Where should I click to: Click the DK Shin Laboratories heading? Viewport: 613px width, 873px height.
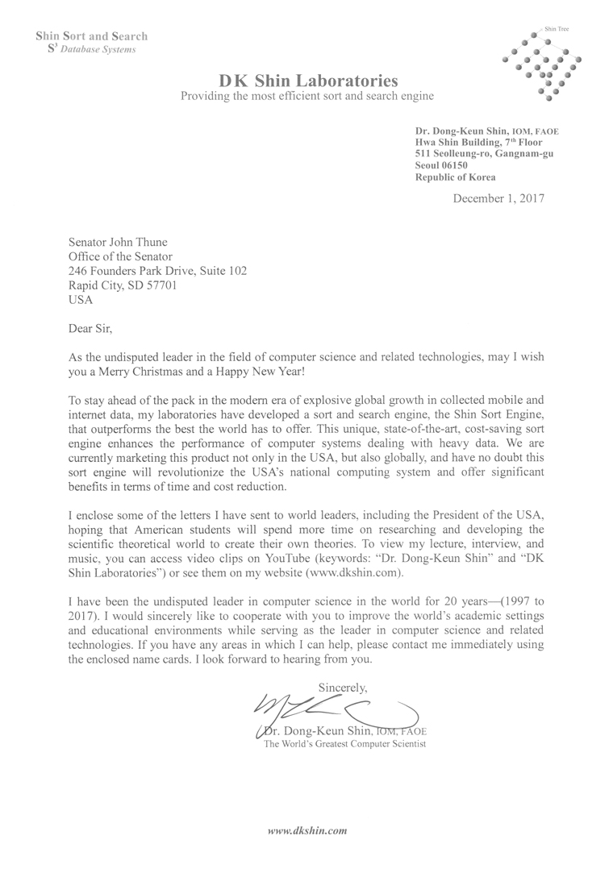click(x=308, y=81)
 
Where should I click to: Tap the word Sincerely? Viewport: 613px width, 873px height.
click(x=343, y=688)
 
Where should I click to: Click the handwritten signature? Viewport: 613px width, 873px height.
click(x=331, y=709)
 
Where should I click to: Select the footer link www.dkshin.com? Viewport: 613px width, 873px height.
click(x=307, y=829)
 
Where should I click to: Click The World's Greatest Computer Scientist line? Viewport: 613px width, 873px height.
click(x=345, y=744)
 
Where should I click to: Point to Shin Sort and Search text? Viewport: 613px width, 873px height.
click(x=91, y=36)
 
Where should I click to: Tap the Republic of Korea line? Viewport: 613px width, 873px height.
click(x=455, y=177)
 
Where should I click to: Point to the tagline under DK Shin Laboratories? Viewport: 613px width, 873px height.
click(x=307, y=97)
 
